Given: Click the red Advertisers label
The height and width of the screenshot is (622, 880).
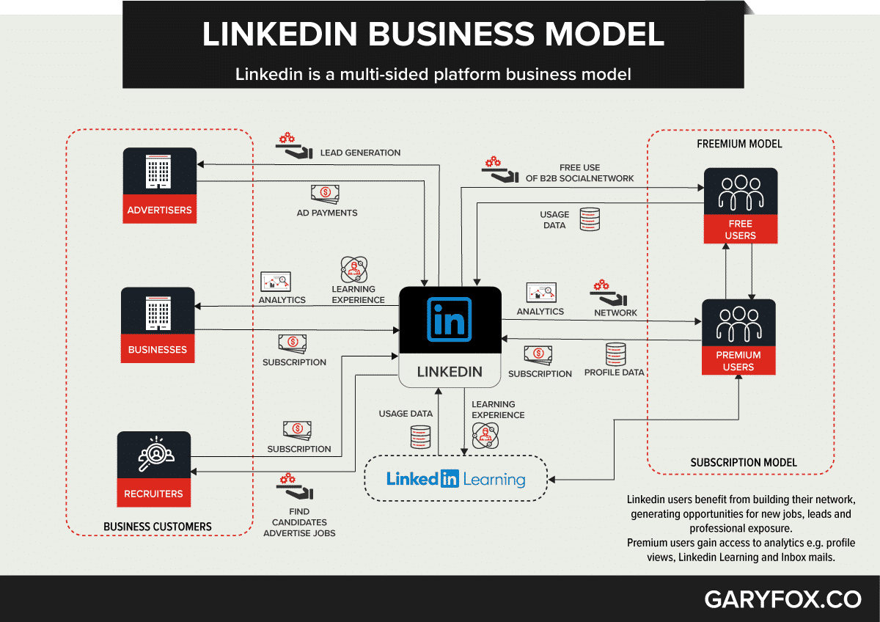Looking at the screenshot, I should coord(159,210).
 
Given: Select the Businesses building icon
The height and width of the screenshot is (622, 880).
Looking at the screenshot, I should coord(158,314).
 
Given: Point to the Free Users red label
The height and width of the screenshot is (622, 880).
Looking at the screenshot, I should coord(740,230).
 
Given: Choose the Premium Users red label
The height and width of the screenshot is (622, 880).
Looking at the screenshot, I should coord(738,360).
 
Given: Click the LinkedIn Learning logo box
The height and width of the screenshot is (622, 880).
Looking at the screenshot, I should coord(456,480).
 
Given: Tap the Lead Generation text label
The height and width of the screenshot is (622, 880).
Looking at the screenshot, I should coord(360,153).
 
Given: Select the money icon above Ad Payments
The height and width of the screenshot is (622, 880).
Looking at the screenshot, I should coord(325,194).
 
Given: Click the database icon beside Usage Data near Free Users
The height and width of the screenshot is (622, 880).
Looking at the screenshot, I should coord(590,219).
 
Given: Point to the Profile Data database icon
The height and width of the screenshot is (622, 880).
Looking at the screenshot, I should coord(615,354).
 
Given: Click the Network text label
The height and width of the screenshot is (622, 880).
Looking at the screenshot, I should coord(615,312).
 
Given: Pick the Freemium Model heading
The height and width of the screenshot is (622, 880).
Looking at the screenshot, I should coord(739,144).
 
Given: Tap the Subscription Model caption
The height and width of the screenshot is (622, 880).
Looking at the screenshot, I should coord(744,462).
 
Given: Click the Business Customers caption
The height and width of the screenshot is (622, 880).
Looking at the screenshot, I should coord(158,526).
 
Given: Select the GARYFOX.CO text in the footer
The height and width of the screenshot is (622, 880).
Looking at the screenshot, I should coord(782,599).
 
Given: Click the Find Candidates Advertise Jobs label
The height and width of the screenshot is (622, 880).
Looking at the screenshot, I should coord(299,522).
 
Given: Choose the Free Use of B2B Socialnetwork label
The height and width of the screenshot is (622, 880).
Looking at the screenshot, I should coord(579,172).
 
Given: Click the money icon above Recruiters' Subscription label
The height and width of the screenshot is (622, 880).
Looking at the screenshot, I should coord(297,429).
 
